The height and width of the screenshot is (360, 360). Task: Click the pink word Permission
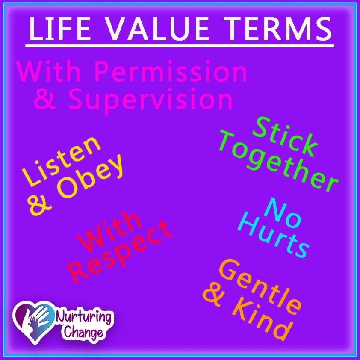coord(171,72)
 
